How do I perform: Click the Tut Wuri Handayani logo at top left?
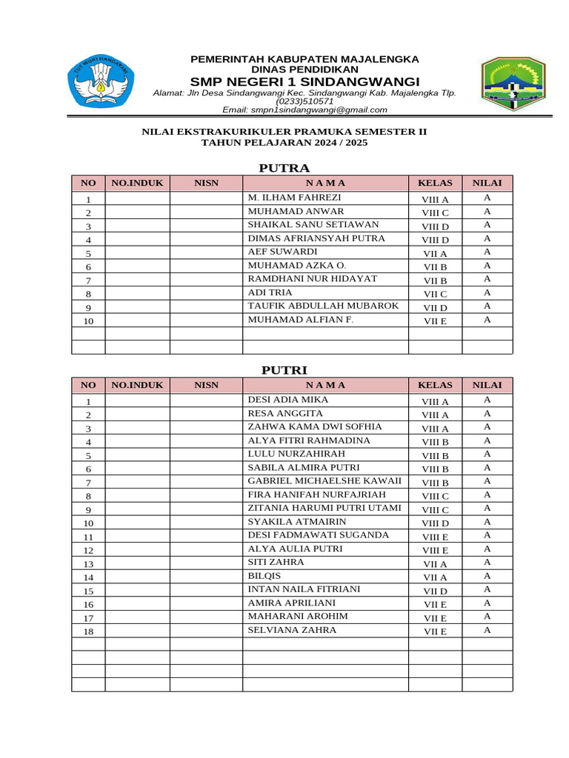click(x=101, y=82)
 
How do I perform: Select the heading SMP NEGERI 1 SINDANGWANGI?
click(x=305, y=81)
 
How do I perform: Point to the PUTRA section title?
click(x=284, y=168)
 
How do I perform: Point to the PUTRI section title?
click(x=284, y=370)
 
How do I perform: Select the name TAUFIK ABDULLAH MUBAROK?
click(x=323, y=306)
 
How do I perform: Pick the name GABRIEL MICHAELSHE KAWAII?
click(x=325, y=481)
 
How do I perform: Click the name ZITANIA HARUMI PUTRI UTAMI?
click(x=325, y=508)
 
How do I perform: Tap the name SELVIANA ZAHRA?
click(x=292, y=630)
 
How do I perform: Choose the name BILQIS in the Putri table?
click(x=265, y=576)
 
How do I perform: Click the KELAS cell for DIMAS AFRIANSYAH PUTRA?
click(x=435, y=240)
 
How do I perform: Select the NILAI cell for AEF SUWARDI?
click(x=487, y=252)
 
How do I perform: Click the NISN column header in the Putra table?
click(x=206, y=183)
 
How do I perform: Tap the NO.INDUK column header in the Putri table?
click(x=137, y=385)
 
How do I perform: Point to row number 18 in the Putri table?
click(x=88, y=631)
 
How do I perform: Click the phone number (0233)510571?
click(x=305, y=101)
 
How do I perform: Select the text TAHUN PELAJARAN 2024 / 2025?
click(x=284, y=143)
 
